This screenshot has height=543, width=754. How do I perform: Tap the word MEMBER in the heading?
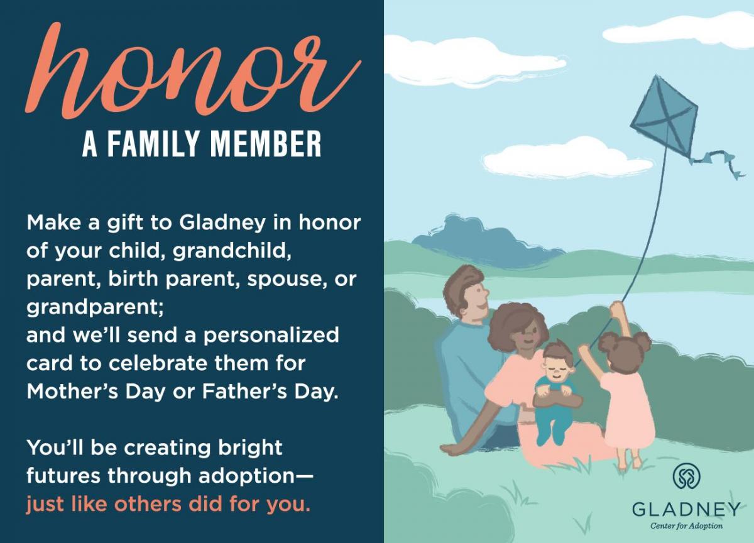point(265,143)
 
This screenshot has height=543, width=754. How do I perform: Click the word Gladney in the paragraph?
point(222,224)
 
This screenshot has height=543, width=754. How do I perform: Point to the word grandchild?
point(232,251)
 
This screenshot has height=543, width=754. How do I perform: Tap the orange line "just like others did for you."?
point(168,504)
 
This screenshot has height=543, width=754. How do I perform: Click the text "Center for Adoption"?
point(687,525)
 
